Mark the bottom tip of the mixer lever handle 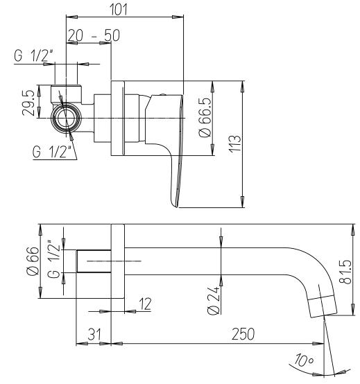point(175,202)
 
